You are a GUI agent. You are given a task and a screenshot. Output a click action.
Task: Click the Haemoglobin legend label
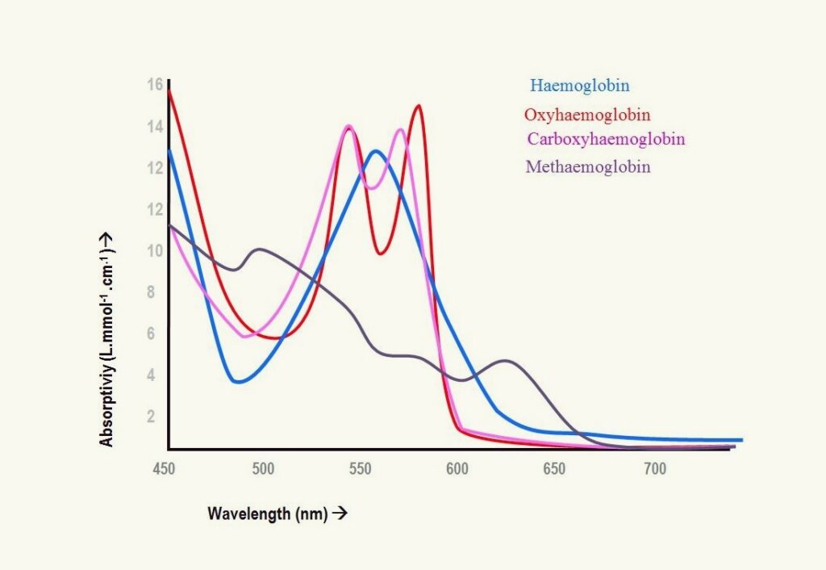click(x=579, y=85)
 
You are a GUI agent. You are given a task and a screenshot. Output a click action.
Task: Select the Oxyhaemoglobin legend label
click(x=587, y=115)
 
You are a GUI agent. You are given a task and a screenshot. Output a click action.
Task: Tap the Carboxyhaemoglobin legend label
click(x=606, y=139)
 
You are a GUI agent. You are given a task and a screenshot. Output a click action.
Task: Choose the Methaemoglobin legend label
click(x=587, y=167)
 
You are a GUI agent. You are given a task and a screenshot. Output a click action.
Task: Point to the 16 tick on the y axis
click(x=155, y=85)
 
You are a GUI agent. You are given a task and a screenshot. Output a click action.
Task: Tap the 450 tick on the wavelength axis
click(x=165, y=469)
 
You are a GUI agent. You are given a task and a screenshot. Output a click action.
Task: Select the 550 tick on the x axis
click(x=359, y=469)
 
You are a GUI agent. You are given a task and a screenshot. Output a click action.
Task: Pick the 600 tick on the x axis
click(x=457, y=469)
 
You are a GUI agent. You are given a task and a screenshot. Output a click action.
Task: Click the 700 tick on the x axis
click(x=654, y=469)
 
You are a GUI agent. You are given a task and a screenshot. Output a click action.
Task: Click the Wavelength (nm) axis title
click(x=267, y=513)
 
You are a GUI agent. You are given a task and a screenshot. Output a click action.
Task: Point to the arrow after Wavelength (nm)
click(x=340, y=513)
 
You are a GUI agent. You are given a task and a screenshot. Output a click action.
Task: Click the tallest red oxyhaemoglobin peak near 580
click(x=418, y=106)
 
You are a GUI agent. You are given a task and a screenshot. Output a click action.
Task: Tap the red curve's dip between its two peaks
click(x=380, y=254)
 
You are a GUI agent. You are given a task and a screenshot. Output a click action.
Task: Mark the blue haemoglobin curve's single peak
click(x=375, y=151)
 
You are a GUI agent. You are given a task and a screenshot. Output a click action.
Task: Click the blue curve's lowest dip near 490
click(x=237, y=382)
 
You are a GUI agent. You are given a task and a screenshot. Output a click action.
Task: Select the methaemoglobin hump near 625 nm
click(x=506, y=361)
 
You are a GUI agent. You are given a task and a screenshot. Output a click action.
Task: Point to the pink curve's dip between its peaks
click(x=371, y=188)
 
